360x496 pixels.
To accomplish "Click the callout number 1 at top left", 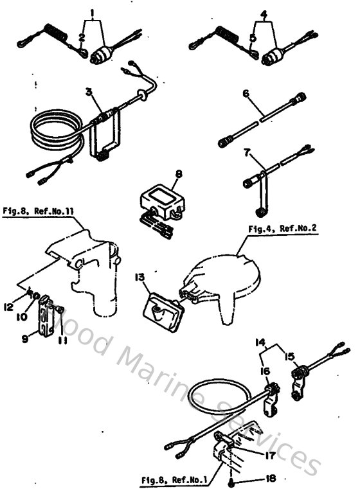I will coord(94,13).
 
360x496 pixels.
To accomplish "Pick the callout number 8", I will coord(179,173).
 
